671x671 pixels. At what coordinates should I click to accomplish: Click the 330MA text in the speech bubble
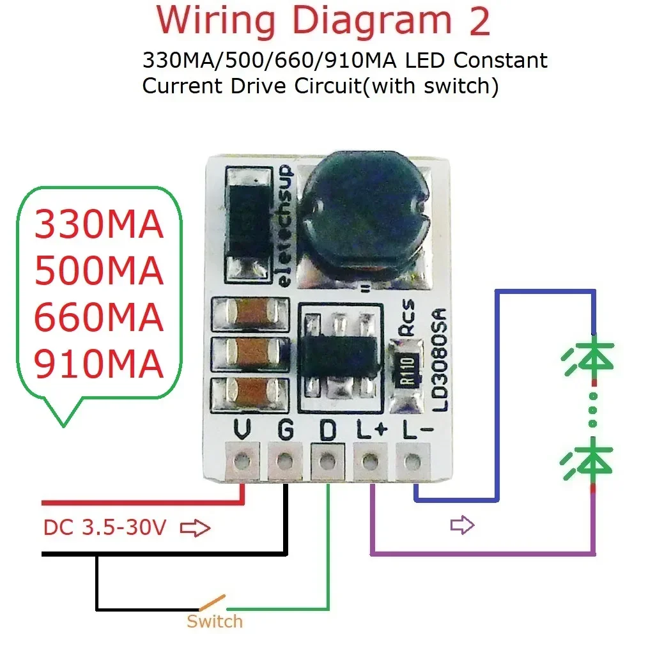tap(99, 225)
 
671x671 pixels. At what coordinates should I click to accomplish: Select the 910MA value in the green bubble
tap(99, 366)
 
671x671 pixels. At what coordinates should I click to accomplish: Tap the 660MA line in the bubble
tap(99, 318)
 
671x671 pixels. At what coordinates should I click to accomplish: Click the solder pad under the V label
tap(242, 459)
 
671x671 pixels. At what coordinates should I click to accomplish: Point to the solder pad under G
tap(284, 459)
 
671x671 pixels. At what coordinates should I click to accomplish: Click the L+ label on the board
tap(371, 431)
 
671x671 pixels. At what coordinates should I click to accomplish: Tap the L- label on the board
tap(413, 431)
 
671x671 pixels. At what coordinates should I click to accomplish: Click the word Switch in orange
tap(215, 621)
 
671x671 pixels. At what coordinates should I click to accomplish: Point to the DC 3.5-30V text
tap(105, 528)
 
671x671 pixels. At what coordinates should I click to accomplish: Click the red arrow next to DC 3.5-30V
tap(196, 528)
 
